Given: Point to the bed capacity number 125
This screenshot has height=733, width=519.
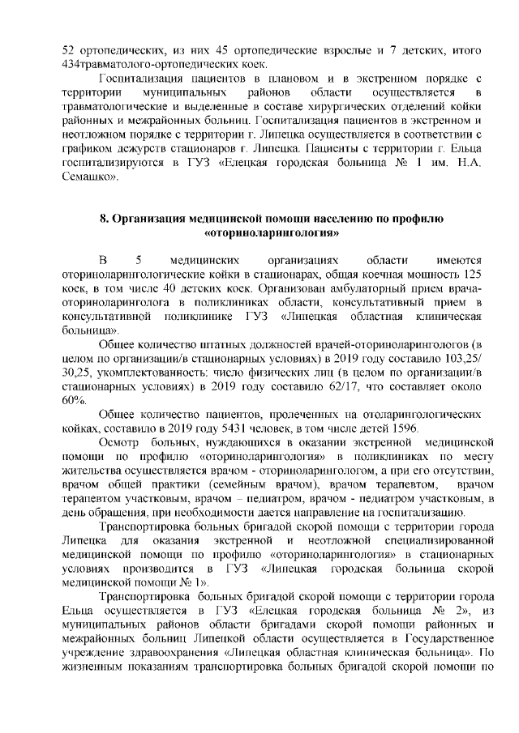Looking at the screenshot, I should point(468,275).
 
